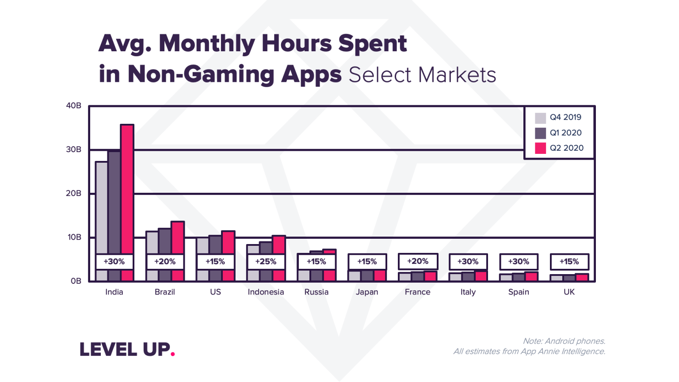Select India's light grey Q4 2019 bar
coord(101,208)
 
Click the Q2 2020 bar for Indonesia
coord(278,245)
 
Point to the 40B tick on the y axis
coord(73,106)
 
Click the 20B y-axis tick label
coord(73,193)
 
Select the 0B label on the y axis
coord(76,281)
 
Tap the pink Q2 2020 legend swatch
coord(540,148)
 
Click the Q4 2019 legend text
coord(565,117)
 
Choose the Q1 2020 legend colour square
coord(540,133)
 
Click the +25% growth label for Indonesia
coord(266,262)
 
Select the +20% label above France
coord(418,261)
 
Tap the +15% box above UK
coord(569,262)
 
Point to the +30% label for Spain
coord(519,262)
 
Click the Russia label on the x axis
coord(317,292)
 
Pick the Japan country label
coord(367,292)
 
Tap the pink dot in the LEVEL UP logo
coord(172,353)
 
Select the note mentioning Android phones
coord(564,341)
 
